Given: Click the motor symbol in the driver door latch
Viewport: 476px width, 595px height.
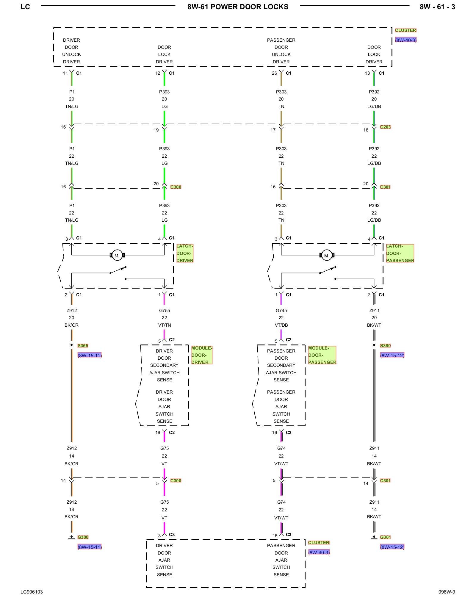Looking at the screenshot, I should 117,255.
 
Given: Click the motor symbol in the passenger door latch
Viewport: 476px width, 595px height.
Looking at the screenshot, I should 326,255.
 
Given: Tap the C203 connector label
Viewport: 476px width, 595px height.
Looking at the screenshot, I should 385,127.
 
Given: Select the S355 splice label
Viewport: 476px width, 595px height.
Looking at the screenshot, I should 83,346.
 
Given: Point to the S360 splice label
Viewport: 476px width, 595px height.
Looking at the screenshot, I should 385,346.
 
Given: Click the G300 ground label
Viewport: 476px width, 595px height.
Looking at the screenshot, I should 83,537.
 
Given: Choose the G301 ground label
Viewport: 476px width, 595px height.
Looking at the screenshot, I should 385,537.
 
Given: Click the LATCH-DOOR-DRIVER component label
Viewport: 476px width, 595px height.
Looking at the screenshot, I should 185,253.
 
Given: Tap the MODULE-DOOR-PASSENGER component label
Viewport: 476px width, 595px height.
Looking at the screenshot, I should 322,355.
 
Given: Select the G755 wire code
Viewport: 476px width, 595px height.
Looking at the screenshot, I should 165,311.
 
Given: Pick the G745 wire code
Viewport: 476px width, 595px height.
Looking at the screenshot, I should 281,311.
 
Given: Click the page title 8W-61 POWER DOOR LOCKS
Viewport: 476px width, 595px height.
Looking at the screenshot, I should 238,7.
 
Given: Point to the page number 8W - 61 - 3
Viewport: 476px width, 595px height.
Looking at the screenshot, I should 437,7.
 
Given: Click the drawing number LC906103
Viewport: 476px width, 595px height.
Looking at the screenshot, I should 32,592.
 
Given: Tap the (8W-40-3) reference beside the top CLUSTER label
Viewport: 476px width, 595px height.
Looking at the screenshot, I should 406,40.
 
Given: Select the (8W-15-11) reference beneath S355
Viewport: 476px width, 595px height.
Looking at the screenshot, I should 90,356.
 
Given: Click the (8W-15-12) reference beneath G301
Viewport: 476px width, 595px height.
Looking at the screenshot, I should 392,547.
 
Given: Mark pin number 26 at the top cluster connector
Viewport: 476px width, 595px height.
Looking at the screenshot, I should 274,73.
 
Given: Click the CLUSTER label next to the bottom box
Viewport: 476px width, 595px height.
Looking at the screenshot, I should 319,543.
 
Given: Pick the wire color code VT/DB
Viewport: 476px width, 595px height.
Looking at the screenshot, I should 281,325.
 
